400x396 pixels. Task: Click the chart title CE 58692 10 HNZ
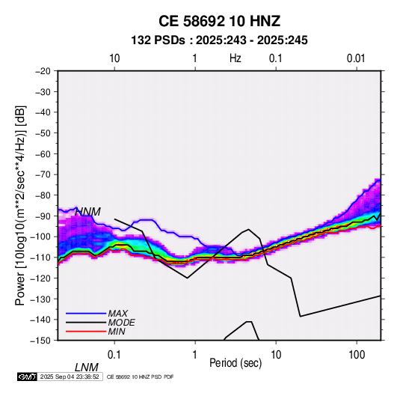click(x=219, y=21)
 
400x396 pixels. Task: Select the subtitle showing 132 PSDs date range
click(x=219, y=40)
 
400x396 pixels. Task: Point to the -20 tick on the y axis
click(x=43, y=71)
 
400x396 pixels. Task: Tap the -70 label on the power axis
click(x=43, y=174)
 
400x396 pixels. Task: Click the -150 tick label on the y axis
click(x=40, y=341)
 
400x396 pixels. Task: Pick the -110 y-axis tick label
click(x=40, y=258)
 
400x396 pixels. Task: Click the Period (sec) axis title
click(x=236, y=363)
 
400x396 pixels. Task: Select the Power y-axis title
click(x=20, y=205)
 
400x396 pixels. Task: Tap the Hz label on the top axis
click(x=236, y=58)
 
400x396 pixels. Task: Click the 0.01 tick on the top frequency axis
click(x=356, y=58)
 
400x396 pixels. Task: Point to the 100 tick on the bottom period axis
click(x=357, y=355)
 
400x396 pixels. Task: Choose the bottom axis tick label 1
click(x=195, y=355)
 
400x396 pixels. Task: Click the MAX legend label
click(x=118, y=313)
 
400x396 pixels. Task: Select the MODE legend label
click(x=121, y=323)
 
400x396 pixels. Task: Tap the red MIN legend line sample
click(x=86, y=332)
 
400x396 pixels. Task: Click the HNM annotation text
click(x=88, y=212)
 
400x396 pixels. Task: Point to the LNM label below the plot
click(x=87, y=368)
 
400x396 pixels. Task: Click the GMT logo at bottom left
click(x=28, y=377)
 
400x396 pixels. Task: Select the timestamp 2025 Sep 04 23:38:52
click(x=70, y=377)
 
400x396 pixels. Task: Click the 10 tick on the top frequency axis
click(x=114, y=58)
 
